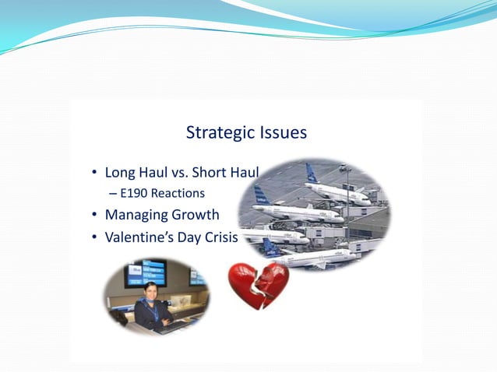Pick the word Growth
[x=197, y=215]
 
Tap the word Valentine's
[x=142, y=237]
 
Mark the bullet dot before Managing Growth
[x=93, y=216]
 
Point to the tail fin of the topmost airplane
[x=312, y=172]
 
